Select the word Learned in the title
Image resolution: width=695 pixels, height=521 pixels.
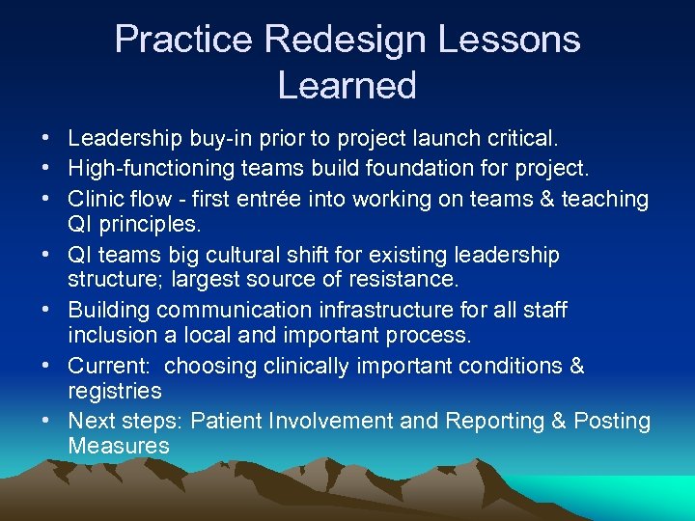pos(347,86)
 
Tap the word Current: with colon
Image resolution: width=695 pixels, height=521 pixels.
pos(106,367)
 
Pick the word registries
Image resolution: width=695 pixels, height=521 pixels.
pos(115,392)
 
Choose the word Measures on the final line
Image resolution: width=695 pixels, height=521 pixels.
pos(119,447)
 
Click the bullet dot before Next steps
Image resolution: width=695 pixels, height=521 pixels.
pos(47,422)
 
